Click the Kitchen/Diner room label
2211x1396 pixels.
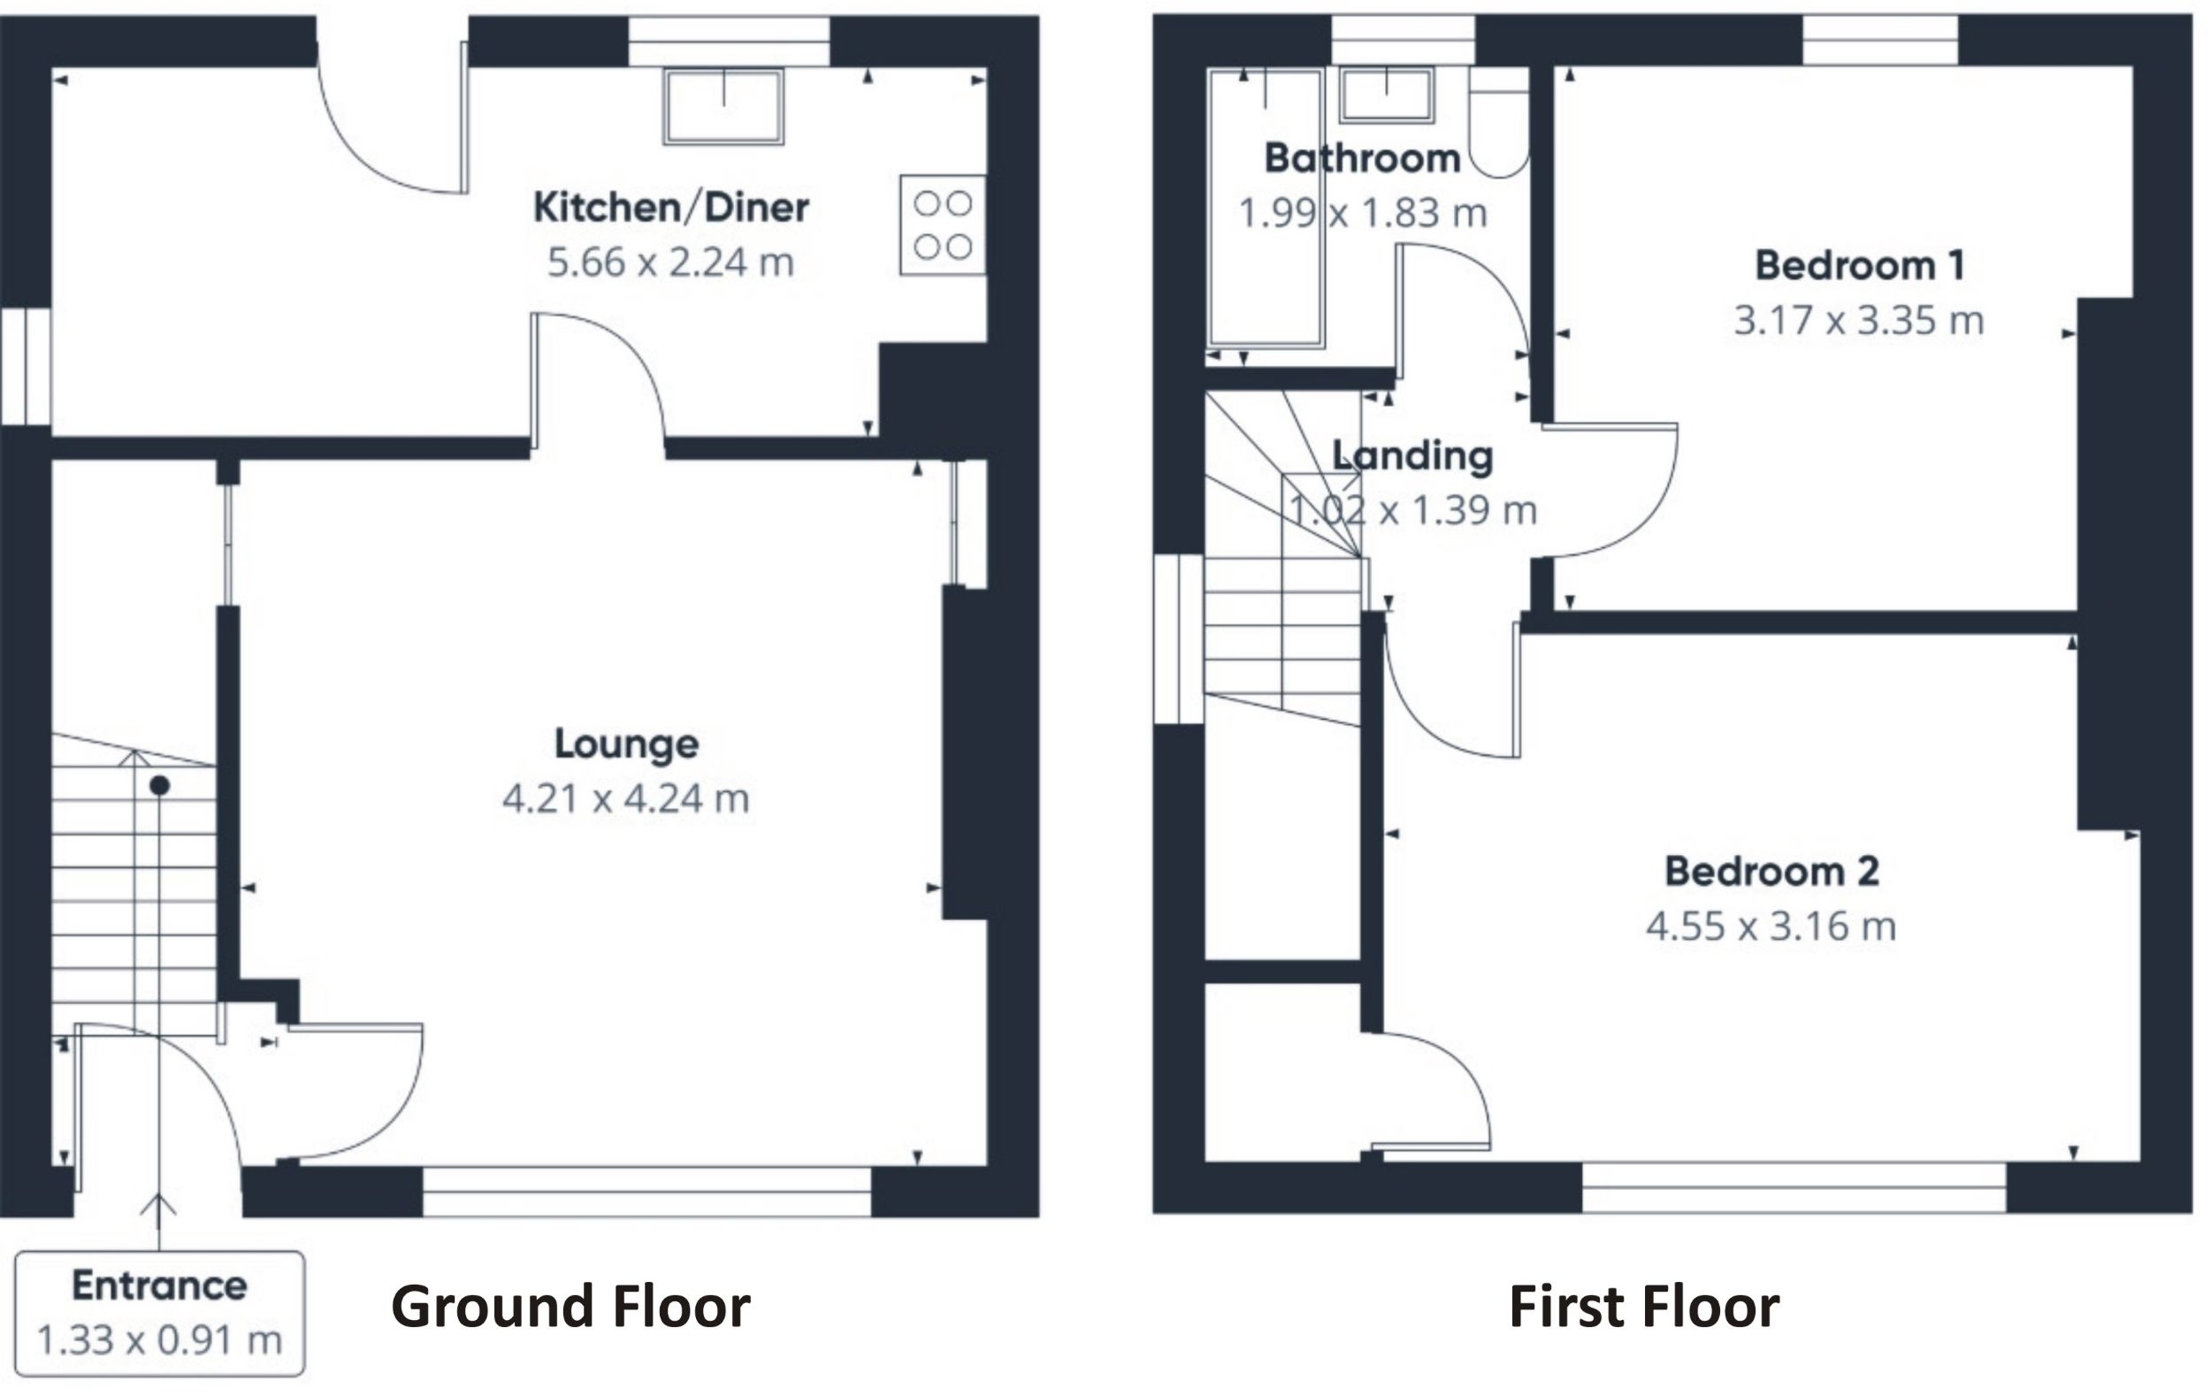[x=670, y=208]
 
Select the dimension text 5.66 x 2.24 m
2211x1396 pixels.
[x=670, y=263]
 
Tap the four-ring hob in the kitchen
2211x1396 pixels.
[x=943, y=225]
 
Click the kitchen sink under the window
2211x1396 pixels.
[x=723, y=105]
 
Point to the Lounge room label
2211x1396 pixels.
[x=626, y=744]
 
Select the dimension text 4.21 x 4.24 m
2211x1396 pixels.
[x=626, y=798]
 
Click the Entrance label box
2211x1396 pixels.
[x=159, y=1313]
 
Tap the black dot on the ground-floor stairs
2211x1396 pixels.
[x=160, y=786]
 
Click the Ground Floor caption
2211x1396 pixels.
[x=570, y=1307]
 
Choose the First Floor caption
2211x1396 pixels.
[x=1643, y=1307]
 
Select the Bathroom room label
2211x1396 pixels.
[x=1363, y=159]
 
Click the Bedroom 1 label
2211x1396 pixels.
[x=1859, y=266]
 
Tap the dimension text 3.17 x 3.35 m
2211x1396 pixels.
[x=1859, y=321]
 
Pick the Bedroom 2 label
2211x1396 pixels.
[x=1771, y=871]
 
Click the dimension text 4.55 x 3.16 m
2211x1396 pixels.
[x=1771, y=926]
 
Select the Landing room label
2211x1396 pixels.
[x=1413, y=456]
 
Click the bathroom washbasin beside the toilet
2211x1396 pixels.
[x=1387, y=95]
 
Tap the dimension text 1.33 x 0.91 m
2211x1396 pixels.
[x=159, y=1341]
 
